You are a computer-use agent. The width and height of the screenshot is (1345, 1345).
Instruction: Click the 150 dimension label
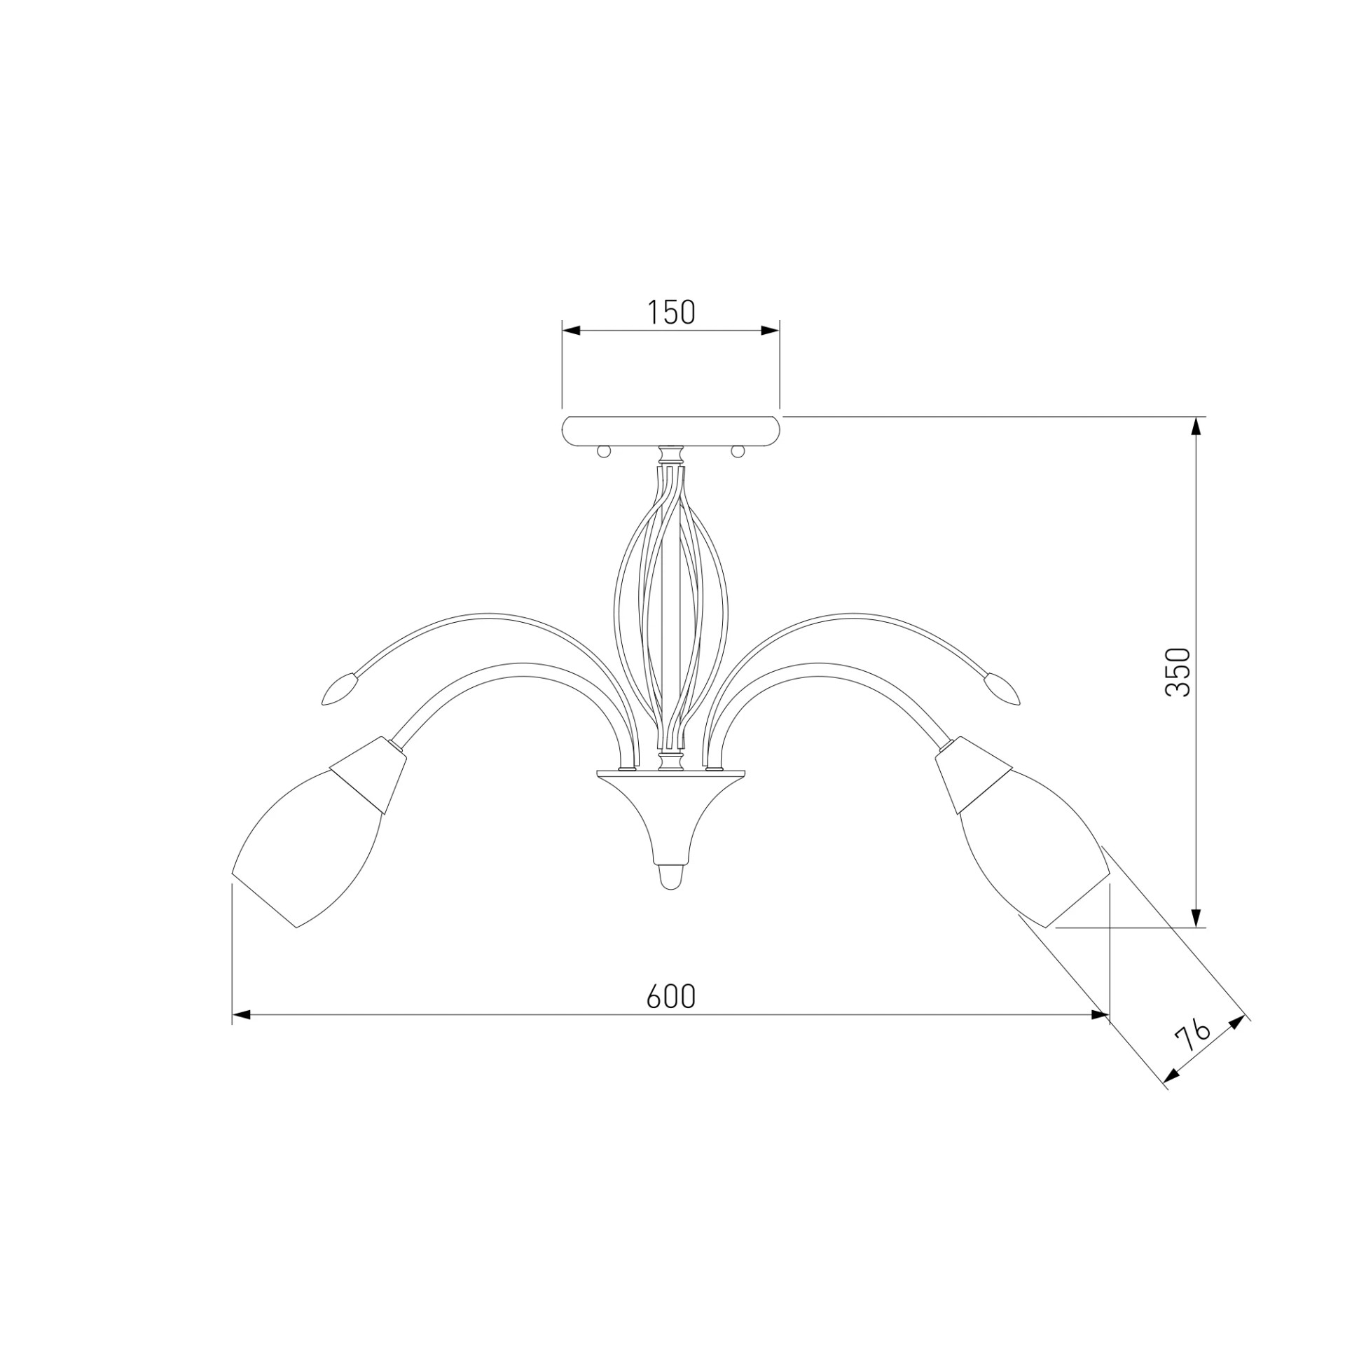click(x=670, y=312)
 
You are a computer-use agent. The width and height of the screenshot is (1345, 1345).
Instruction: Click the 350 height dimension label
click(x=1178, y=672)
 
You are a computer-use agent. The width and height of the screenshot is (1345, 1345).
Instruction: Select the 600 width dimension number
click(x=670, y=996)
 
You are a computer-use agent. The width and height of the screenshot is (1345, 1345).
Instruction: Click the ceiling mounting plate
click(x=671, y=431)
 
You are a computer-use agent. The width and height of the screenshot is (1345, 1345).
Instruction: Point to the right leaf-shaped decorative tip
click(x=1002, y=689)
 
